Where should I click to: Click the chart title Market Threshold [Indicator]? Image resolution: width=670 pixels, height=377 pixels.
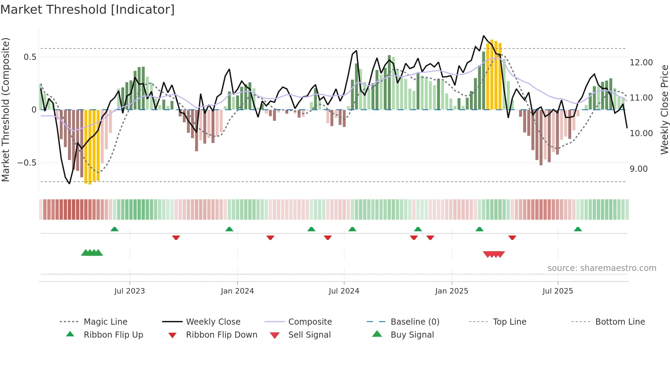(88, 10)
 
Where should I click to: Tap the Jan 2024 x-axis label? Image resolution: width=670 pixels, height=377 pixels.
(237, 291)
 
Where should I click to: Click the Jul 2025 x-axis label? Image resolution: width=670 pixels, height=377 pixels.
(558, 291)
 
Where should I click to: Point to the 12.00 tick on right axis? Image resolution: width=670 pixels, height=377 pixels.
(641, 62)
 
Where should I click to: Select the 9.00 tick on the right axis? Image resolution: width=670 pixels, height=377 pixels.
(638, 169)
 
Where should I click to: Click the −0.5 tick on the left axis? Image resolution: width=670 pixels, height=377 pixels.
(27, 162)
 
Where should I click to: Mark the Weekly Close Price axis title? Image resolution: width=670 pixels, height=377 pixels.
(664, 109)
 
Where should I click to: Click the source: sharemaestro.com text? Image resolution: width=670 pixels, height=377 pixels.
(602, 268)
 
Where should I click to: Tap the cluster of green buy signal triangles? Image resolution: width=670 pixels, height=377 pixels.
(92, 253)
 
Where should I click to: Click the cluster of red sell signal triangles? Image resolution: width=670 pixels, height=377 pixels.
(494, 254)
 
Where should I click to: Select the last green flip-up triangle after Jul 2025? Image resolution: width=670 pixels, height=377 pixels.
(578, 229)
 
